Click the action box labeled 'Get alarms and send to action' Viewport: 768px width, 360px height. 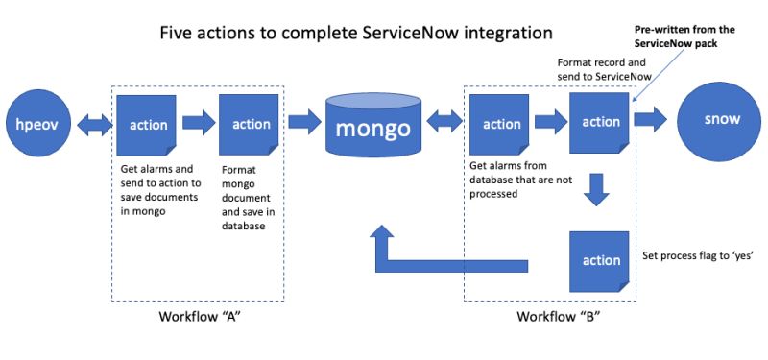148,124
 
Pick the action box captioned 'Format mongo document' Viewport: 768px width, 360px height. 251,124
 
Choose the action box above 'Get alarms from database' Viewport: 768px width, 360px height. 501,124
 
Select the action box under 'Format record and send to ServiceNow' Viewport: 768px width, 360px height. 600,122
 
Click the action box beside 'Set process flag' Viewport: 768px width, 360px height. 600,261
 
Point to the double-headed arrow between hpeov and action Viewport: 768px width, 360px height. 92,123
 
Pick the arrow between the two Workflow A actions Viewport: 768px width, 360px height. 199,123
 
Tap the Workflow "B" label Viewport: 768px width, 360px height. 552,317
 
